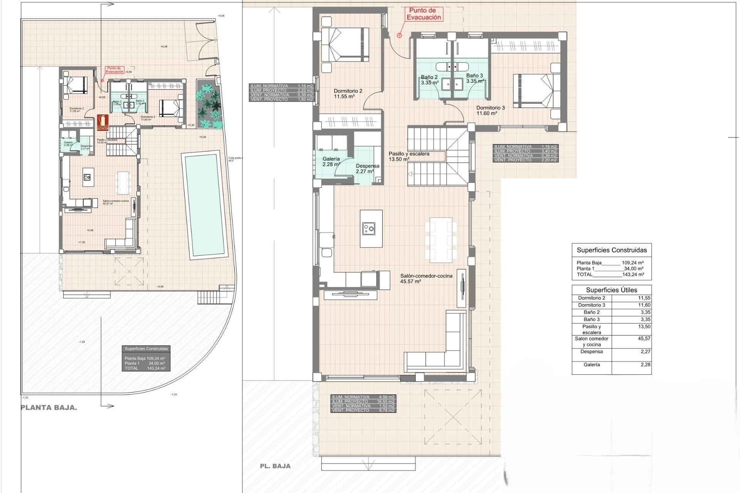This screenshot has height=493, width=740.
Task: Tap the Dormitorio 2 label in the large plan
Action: pyautogui.click(x=348, y=94)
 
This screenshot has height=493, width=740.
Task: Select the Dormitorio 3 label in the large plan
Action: pyautogui.click(x=490, y=111)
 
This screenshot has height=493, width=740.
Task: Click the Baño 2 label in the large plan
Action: pyautogui.click(x=429, y=80)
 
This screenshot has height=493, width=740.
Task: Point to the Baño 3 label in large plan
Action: pyautogui.click(x=474, y=79)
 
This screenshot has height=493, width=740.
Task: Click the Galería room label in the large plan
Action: pyautogui.click(x=331, y=161)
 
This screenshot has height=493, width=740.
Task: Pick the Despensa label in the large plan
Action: pyautogui.click(x=367, y=169)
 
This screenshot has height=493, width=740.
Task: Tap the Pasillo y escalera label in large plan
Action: pyautogui.click(x=409, y=156)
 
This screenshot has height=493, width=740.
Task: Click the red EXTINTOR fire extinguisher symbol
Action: pyautogui.click(x=103, y=122)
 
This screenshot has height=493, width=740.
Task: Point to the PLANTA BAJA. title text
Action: pyautogui.click(x=49, y=408)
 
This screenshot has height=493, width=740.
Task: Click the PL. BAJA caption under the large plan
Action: pyautogui.click(x=275, y=466)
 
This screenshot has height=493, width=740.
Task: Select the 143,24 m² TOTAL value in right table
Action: pyautogui.click(x=632, y=275)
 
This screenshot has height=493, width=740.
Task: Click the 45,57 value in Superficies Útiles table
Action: pyautogui.click(x=644, y=339)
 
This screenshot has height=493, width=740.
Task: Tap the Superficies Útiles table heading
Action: pyautogui.click(x=611, y=290)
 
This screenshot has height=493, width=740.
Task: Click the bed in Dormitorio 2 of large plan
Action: pyautogui.click(x=345, y=44)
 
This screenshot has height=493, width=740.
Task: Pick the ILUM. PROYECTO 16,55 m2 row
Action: pyautogui.click(x=363, y=401)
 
